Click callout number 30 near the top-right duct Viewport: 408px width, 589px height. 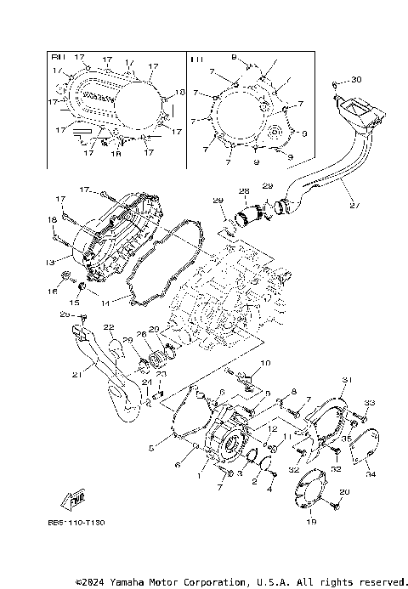pyautogui.click(x=356, y=80)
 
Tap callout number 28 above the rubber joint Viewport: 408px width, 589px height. pyautogui.click(x=243, y=191)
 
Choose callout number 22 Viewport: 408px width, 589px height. pyautogui.click(x=109, y=328)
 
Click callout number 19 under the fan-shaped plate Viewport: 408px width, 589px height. pyautogui.click(x=311, y=522)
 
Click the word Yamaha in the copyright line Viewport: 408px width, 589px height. pyautogui.click(x=148, y=582)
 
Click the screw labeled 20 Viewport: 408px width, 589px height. pyautogui.click(x=337, y=504)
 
